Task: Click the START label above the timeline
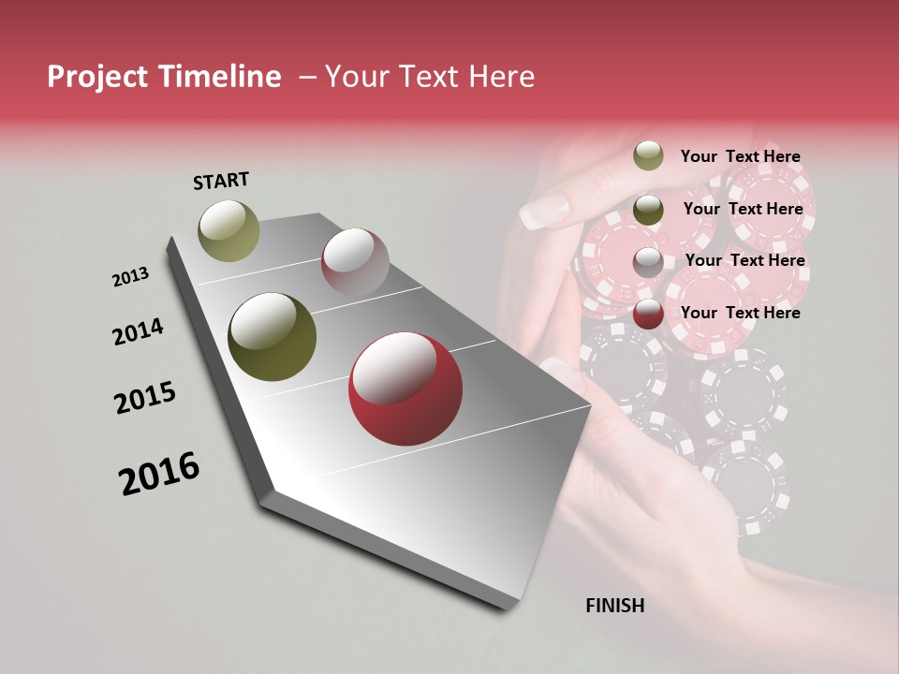pos(221,181)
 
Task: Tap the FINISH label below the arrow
pos(614,606)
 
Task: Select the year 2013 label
pos(130,277)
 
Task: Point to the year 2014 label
pos(138,331)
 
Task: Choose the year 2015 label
pos(145,397)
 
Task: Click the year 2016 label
pos(159,473)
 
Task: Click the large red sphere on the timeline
pos(405,388)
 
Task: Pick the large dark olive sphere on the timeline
pos(272,337)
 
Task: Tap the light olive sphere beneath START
pos(228,230)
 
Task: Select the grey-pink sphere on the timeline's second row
pos(355,261)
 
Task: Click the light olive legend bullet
pos(648,155)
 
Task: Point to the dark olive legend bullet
pos(648,209)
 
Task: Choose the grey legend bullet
pos(648,261)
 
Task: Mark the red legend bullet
pos(648,314)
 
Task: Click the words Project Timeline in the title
pos(164,77)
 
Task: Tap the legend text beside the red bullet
pos(740,313)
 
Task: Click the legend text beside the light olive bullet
pos(740,156)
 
